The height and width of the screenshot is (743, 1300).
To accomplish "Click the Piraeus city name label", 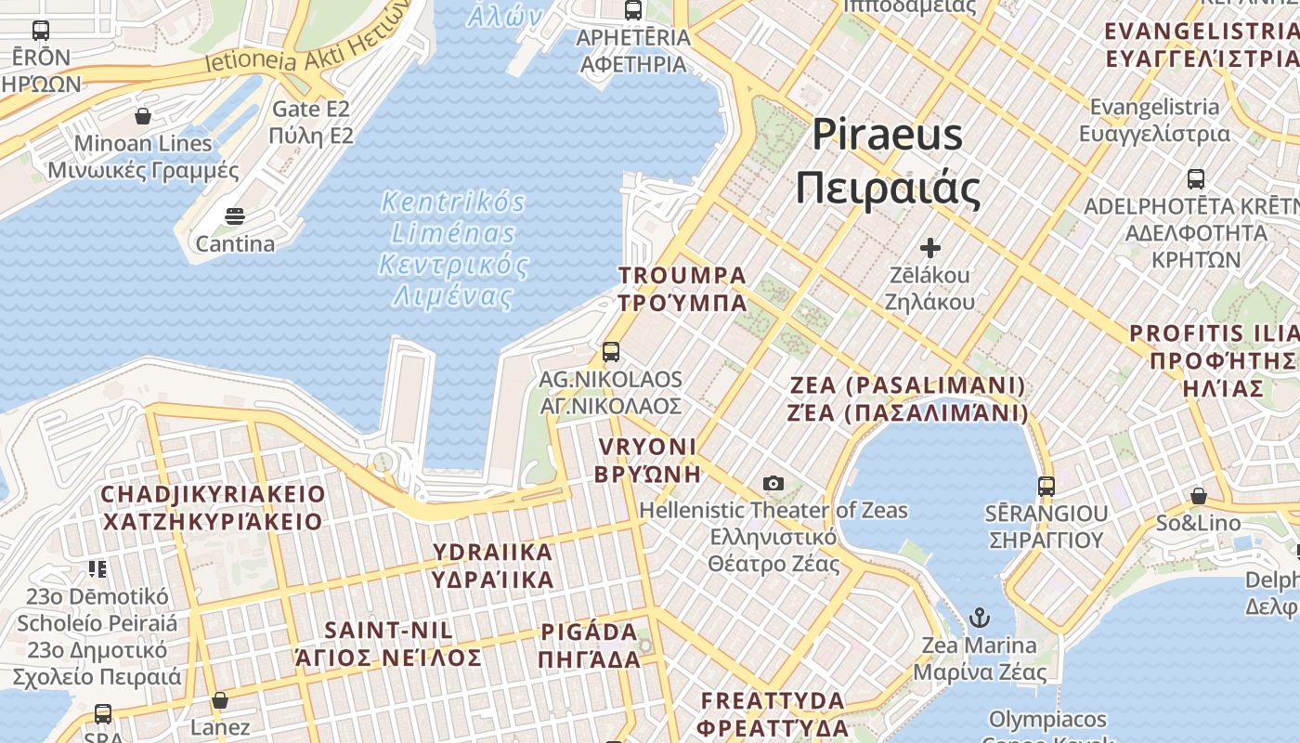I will click(x=888, y=162).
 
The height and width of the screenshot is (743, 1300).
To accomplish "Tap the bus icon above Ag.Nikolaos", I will click(x=610, y=352).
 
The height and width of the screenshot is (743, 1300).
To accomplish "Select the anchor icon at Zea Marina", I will click(x=979, y=618).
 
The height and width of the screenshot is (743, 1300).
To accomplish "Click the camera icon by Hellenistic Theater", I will click(x=773, y=483).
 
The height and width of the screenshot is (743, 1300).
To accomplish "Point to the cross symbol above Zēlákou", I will click(x=929, y=248).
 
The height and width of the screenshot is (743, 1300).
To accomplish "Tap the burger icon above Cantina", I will click(x=235, y=217).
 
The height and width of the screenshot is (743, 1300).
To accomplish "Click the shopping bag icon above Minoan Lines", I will click(x=143, y=116).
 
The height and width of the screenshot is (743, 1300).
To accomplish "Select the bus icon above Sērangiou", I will click(x=1046, y=486).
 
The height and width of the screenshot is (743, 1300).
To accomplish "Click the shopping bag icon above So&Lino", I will click(x=1199, y=496).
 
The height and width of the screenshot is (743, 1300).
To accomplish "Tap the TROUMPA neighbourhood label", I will click(x=682, y=289).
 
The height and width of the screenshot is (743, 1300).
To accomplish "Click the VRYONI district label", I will click(x=648, y=460).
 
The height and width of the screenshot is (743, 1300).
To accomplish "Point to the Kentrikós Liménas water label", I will click(x=453, y=249).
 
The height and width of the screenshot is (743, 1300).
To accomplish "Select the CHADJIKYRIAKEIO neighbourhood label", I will click(x=213, y=507).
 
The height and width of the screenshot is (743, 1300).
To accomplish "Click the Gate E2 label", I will click(x=311, y=123).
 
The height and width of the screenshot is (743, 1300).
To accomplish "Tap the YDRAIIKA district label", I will click(x=492, y=566).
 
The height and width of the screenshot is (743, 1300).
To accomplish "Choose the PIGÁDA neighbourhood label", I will click(x=590, y=645).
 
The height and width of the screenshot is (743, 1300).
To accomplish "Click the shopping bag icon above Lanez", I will click(x=220, y=700).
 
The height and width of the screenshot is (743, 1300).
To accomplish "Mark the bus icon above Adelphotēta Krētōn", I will click(x=1196, y=178).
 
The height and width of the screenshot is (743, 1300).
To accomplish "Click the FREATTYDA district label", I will click(x=773, y=713).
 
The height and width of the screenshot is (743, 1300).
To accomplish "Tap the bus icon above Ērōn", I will click(x=41, y=31).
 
